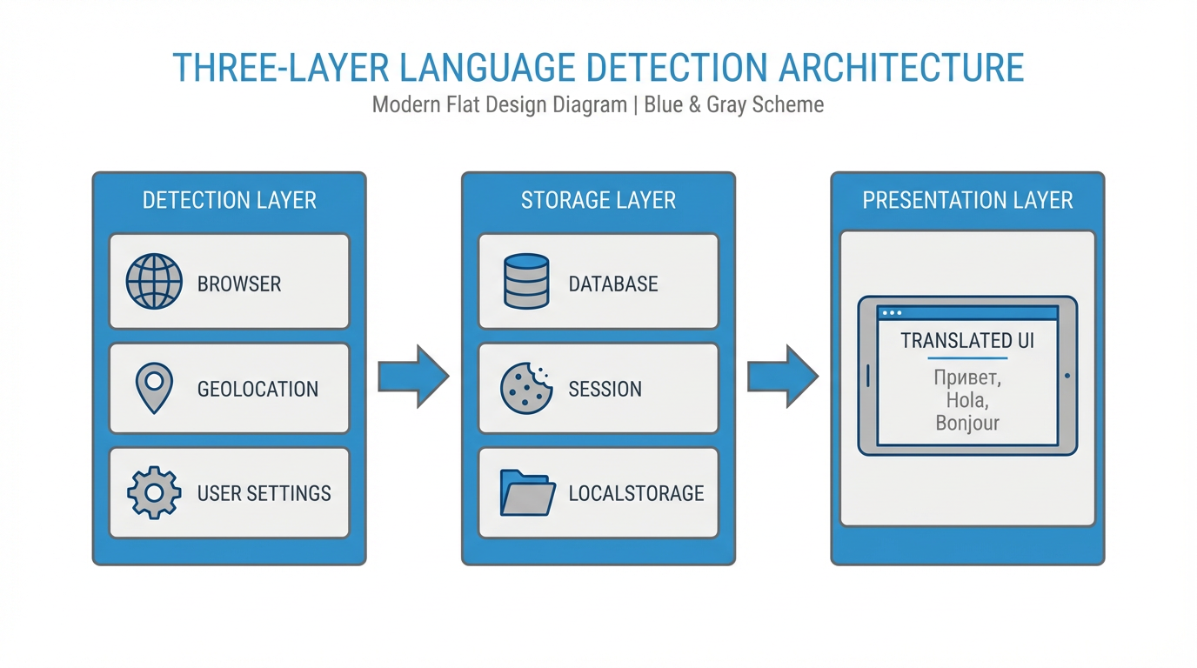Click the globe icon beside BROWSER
click(154, 282)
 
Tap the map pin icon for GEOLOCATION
click(154, 388)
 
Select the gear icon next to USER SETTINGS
click(154, 493)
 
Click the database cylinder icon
click(526, 282)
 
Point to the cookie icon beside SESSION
click(526, 388)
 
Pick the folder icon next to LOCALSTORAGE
click(527, 493)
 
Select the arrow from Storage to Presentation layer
click(783, 377)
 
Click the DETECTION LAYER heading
click(230, 200)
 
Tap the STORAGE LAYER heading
click(598, 200)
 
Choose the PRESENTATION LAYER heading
click(967, 200)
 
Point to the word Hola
click(966, 401)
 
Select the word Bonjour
click(967, 424)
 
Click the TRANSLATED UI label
click(967, 340)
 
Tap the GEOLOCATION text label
click(257, 389)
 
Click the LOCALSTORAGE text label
click(636, 493)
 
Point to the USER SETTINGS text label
click(264, 493)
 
